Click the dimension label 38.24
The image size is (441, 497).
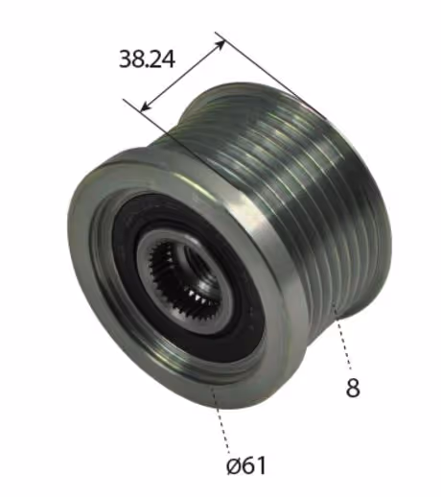coord(147,59)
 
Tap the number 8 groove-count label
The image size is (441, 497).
coord(353,388)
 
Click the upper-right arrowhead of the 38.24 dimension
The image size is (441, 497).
coord(220,44)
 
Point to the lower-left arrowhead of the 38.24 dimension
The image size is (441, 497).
coord(146,106)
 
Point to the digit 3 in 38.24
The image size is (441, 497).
coord(125,59)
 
